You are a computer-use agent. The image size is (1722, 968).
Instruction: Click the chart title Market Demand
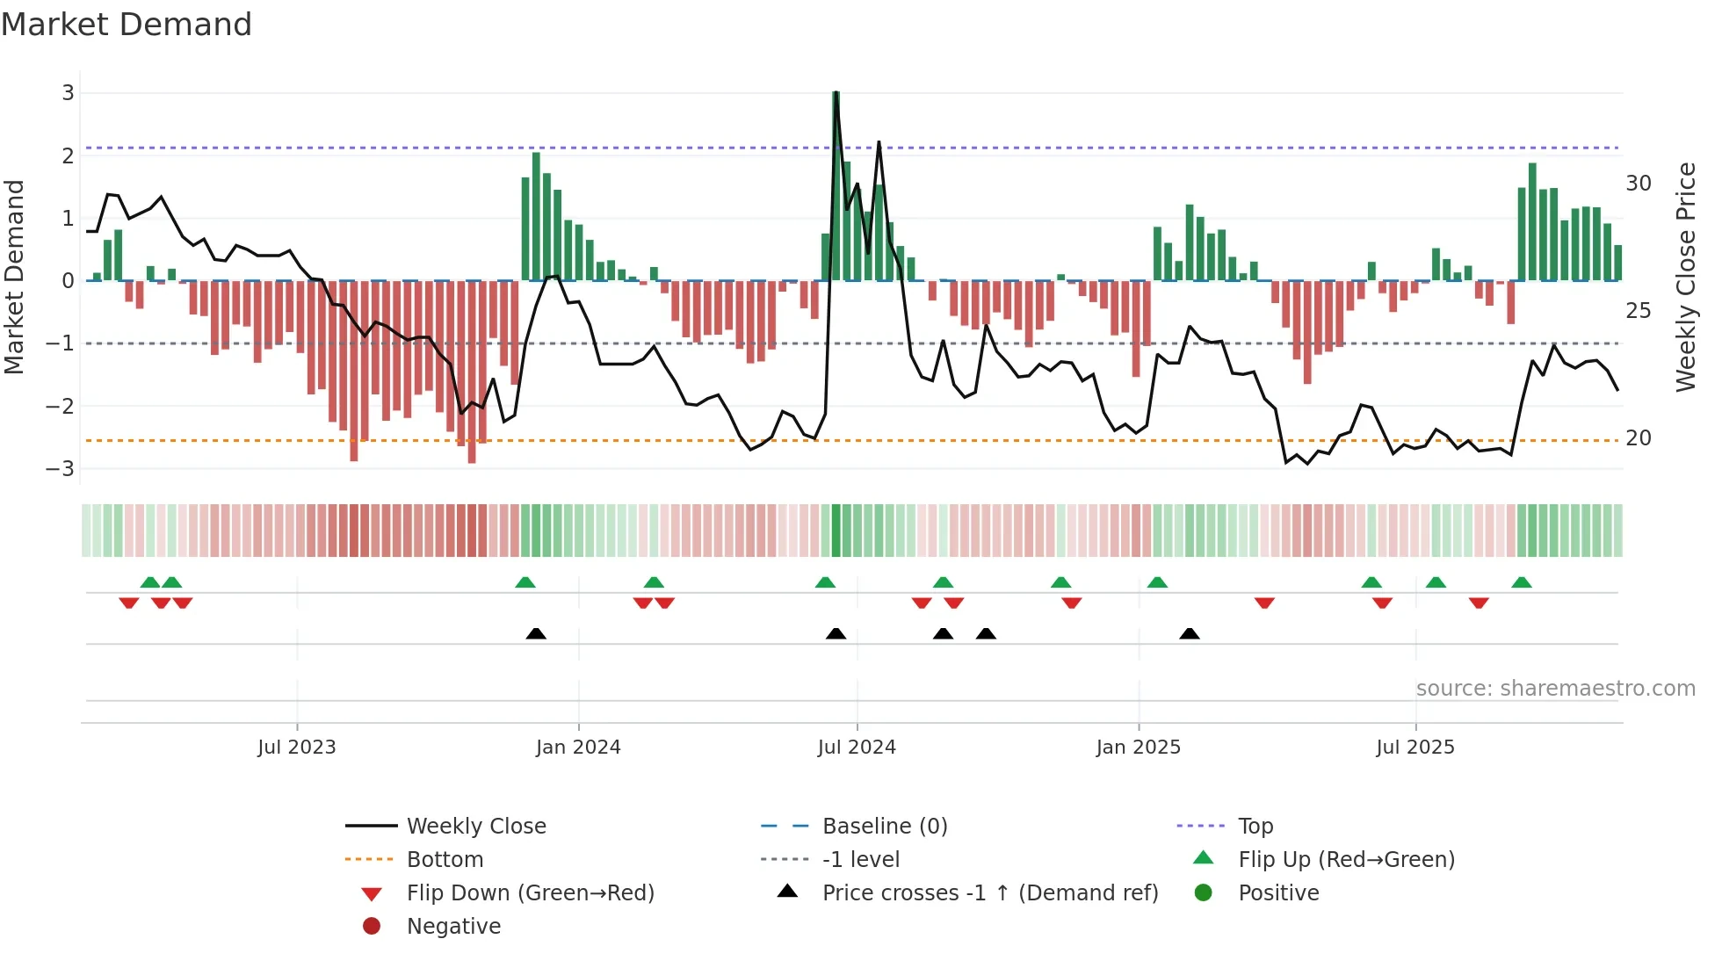point(127,25)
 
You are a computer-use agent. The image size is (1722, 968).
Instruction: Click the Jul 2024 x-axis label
point(857,748)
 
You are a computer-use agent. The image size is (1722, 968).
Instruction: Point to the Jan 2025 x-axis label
point(1139,748)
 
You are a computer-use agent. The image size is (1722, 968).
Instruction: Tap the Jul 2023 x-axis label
point(297,748)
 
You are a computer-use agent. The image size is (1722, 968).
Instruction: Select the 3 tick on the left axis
point(68,93)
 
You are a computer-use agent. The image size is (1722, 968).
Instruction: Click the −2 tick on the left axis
point(61,406)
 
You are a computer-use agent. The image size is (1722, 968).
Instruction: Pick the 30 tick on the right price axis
point(1638,184)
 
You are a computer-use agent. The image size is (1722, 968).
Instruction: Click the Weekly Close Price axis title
point(1685,277)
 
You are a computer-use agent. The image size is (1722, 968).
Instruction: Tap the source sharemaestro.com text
point(1555,689)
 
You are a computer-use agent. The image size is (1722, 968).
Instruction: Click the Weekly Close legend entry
point(475,827)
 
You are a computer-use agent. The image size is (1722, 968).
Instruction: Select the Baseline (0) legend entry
point(884,827)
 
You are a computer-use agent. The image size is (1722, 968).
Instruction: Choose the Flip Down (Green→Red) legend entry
point(530,893)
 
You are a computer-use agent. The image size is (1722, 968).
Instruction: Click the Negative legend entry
point(453,927)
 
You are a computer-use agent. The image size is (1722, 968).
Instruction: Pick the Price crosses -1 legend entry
point(989,893)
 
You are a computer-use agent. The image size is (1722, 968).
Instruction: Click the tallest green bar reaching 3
point(836,184)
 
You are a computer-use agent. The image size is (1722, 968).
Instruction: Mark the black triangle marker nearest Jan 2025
point(1190,633)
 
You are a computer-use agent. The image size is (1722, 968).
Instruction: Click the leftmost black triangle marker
point(536,633)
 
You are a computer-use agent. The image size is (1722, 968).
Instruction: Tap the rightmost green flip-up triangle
point(1522,582)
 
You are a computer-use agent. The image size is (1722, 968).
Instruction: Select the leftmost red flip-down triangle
point(129,603)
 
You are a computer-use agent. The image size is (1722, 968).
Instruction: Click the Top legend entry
point(1255,827)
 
